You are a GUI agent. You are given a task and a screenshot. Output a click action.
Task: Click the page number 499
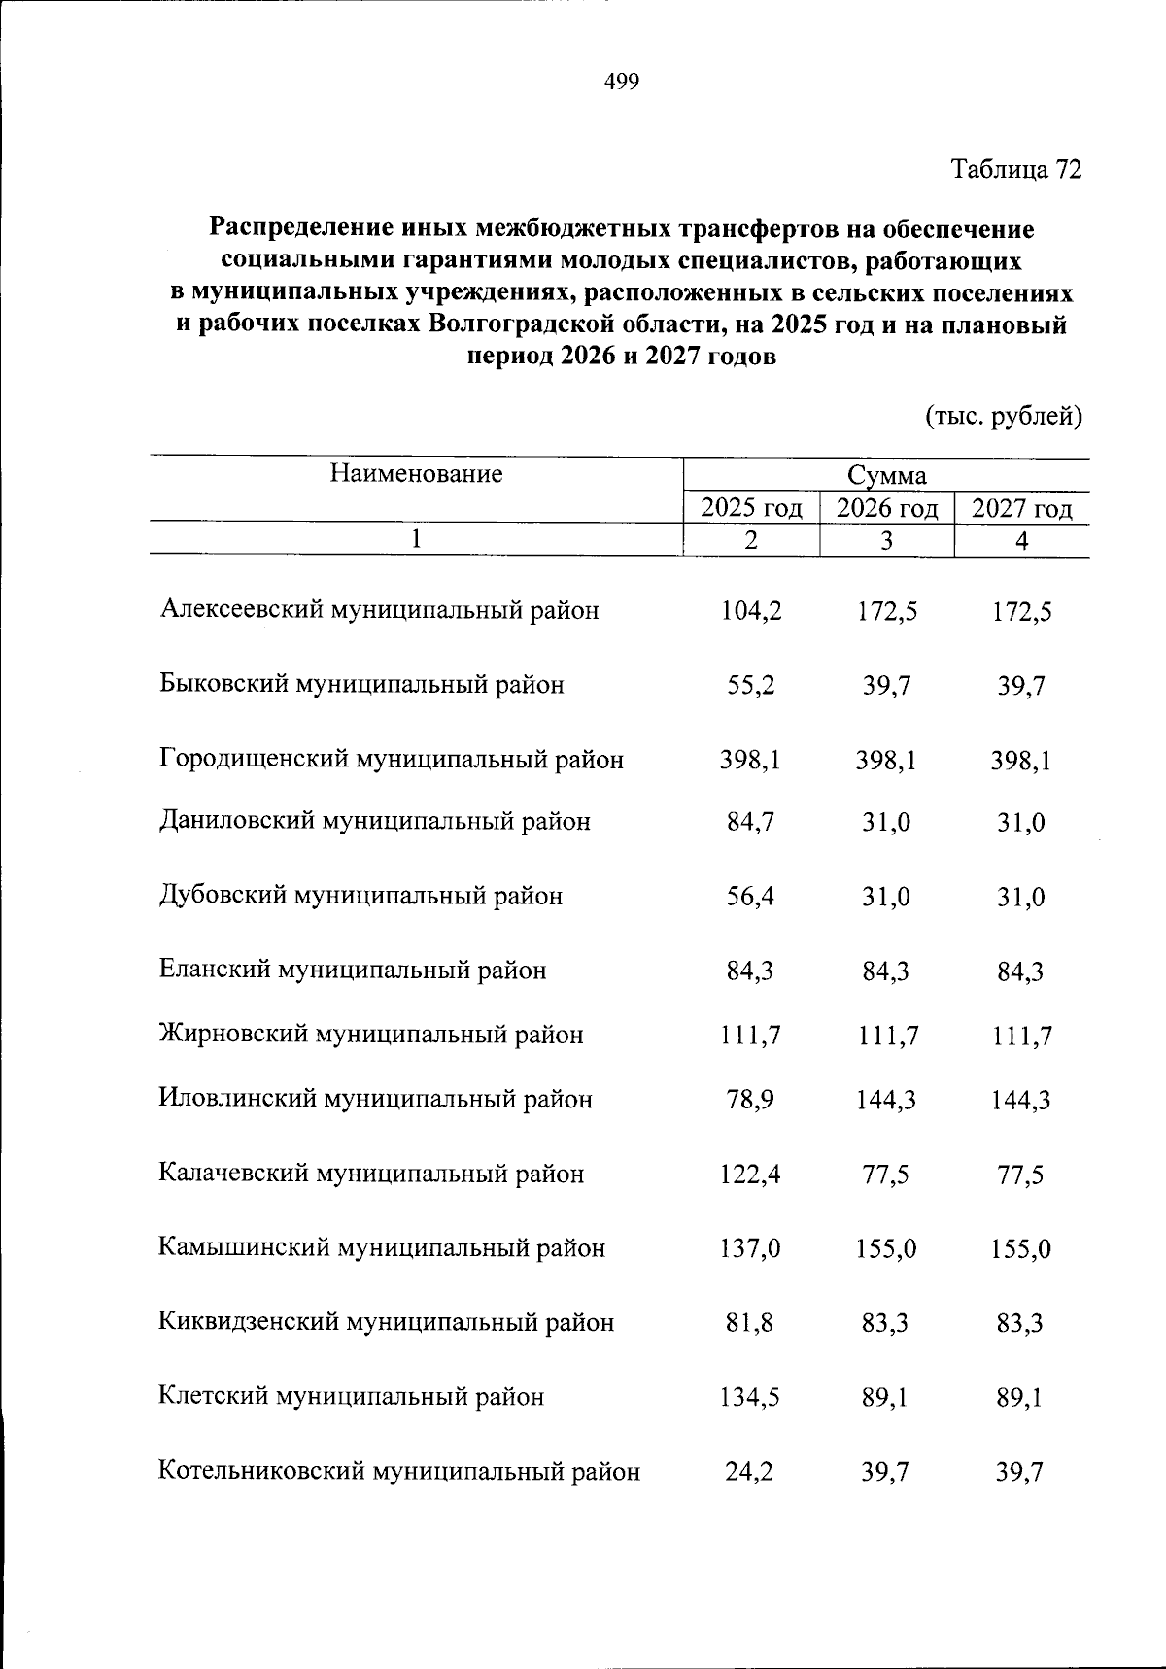[621, 83]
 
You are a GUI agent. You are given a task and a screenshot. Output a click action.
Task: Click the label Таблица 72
[1015, 169]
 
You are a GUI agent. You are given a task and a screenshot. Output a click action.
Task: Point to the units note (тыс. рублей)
[1002, 417]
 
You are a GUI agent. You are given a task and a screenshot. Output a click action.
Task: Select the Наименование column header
[416, 474]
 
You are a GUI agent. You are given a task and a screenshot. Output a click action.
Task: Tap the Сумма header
[886, 476]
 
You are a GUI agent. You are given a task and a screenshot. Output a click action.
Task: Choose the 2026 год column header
[887, 508]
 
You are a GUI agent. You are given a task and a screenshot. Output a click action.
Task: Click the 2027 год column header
[1021, 508]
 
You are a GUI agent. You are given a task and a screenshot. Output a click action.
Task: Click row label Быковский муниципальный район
[361, 685]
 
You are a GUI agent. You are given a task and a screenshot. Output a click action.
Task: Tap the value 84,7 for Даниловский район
[750, 823]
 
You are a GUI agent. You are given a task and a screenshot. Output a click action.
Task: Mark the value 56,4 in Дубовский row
[750, 897]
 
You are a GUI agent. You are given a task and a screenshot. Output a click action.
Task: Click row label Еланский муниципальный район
[353, 971]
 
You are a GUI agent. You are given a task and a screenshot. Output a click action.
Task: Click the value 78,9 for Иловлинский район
[750, 1101]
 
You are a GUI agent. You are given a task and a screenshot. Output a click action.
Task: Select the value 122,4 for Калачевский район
[750, 1175]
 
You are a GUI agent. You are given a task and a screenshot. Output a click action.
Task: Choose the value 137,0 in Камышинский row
[750, 1249]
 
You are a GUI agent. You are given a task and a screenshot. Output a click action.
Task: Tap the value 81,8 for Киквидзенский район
[750, 1323]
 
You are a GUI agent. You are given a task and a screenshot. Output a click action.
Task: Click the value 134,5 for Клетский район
[750, 1398]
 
